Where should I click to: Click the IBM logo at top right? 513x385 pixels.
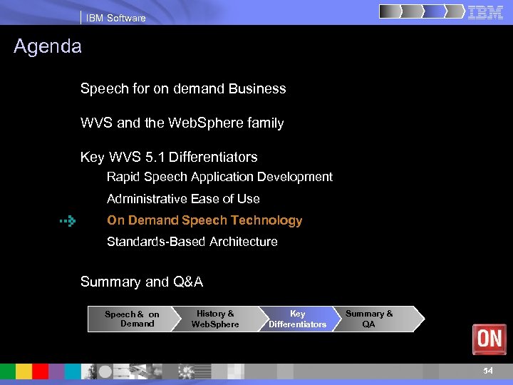[x=485, y=12]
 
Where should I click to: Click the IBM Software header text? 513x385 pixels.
[x=115, y=18]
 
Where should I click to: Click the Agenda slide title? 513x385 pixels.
[x=48, y=47]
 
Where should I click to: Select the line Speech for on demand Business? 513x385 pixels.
[x=183, y=89]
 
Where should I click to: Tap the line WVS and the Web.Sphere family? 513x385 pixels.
[x=182, y=123]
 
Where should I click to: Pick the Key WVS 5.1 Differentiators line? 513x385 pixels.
[x=169, y=157]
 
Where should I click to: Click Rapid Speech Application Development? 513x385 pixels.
[x=219, y=177]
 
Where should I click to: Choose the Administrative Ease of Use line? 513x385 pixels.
[x=183, y=199]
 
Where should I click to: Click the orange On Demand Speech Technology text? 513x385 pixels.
[x=204, y=221]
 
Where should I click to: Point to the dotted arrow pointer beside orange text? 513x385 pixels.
[x=68, y=222]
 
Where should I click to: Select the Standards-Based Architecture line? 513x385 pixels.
[x=192, y=242]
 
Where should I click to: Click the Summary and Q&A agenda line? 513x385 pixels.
[x=142, y=282]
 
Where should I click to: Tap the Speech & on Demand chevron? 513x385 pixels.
[x=131, y=319]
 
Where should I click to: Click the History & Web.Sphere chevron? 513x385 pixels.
[x=215, y=319]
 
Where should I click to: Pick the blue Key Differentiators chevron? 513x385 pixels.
[x=297, y=319]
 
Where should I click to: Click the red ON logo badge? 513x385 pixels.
[x=489, y=339]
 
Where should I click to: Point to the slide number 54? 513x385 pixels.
[x=488, y=371]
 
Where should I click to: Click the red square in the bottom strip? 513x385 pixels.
[x=41, y=371]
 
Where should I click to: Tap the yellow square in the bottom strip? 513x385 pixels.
[x=24, y=371]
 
